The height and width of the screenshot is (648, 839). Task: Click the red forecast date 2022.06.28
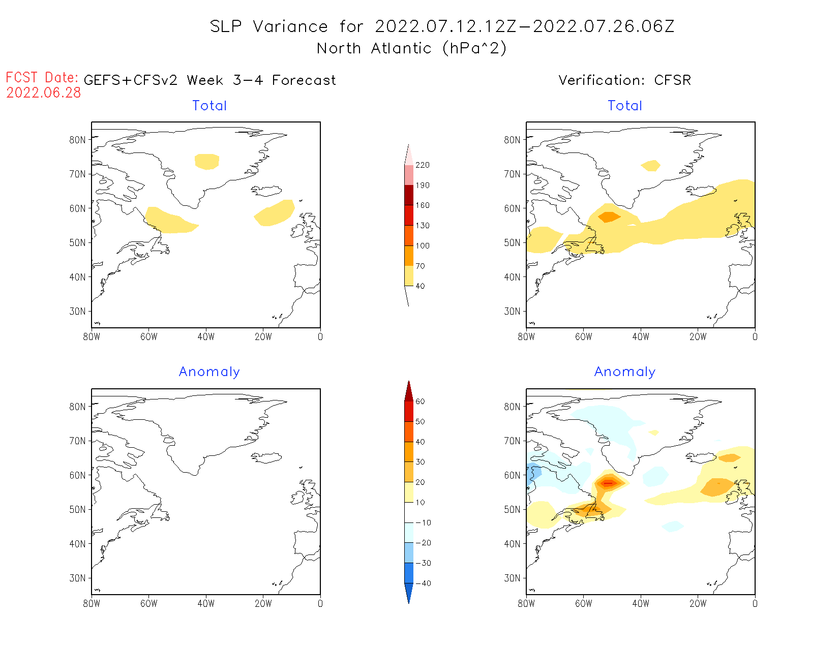pyautogui.click(x=44, y=93)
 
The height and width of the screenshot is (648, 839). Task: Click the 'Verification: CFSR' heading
pyautogui.click(x=624, y=80)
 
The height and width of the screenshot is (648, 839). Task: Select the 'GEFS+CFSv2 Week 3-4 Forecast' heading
pyautogui.click(x=209, y=80)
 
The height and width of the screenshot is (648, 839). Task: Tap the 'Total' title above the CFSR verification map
pyautogui.click(x=625, y=106)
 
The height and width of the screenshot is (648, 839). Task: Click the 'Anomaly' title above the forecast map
pyautogui.click(x=209, y=372)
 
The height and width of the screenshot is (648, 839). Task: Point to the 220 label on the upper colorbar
pyautogui.click(x=422, y=165)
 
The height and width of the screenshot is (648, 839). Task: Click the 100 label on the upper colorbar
pyautogui.click(x=422, y=246)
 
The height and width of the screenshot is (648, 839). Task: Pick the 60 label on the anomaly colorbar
pyautogui.click(x=420, y=402)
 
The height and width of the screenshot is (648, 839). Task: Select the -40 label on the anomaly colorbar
pyautogui.click(x=423, y=583)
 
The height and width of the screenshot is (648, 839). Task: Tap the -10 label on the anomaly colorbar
pyautogui.click(x=423, y=523)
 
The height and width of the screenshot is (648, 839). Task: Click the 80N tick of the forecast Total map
pyautogui.click(x=77, y=140)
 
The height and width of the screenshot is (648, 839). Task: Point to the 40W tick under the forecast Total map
pyautogui.click(x=206, y=336)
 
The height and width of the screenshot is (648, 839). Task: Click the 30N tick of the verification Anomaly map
pyautogui.click(x=512, y=578)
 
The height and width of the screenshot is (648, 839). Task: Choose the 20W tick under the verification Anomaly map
pyautogui.click(x=698, y=604)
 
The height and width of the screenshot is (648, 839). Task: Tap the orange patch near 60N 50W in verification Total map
pyautogui.click(x=609, y=217)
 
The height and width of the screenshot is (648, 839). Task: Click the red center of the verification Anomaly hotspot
pyautogui.click(x=608, y=483)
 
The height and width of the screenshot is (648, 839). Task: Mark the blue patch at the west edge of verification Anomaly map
pyautogui.click(x=533, y=472)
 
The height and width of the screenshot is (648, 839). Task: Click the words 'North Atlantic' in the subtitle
pyautogui.click(x=338, y=49)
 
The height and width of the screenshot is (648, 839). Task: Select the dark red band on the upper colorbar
pyautogui.click(x=409, y=195)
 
